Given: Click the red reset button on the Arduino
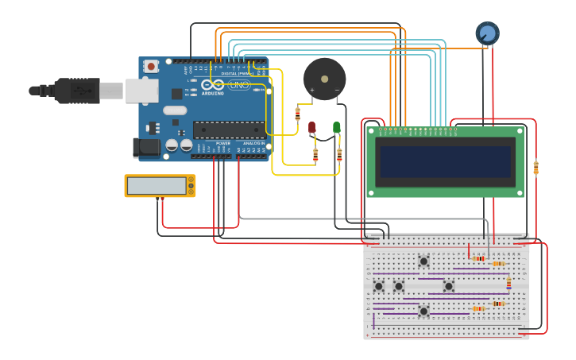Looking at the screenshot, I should tap(150, 66).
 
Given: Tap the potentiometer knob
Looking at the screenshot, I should tap(487, 33).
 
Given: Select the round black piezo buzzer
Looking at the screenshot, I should tap(324, 79).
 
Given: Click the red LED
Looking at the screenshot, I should tap(312, 127).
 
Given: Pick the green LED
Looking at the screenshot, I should tap(337, 127).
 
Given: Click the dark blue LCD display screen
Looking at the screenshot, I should tap(445, 161).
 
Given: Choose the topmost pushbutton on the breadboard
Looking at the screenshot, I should tap(423, 261).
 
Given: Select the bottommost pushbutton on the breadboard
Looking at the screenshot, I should tap(423, 311).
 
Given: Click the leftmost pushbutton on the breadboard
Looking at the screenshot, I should tap(379, 286).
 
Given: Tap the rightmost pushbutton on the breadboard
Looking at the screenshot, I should tap(449, 286).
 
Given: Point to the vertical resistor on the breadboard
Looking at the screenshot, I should tap(509, 282).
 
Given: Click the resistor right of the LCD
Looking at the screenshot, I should tap(535, 168).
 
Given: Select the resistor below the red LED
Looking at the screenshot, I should tap(315, 155).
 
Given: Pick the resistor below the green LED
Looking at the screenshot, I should tap(339, 155).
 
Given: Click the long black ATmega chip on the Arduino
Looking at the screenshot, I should tap(229, 130).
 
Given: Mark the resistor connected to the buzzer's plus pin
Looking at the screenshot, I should tap(298, 114).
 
